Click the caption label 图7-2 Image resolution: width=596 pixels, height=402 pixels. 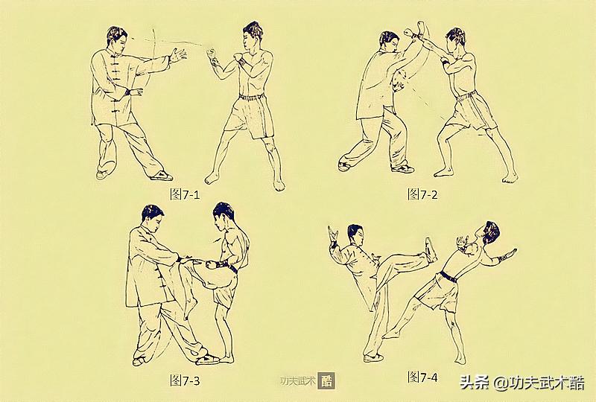(422, 194)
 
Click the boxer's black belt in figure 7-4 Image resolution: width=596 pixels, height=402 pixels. (448, 276)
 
